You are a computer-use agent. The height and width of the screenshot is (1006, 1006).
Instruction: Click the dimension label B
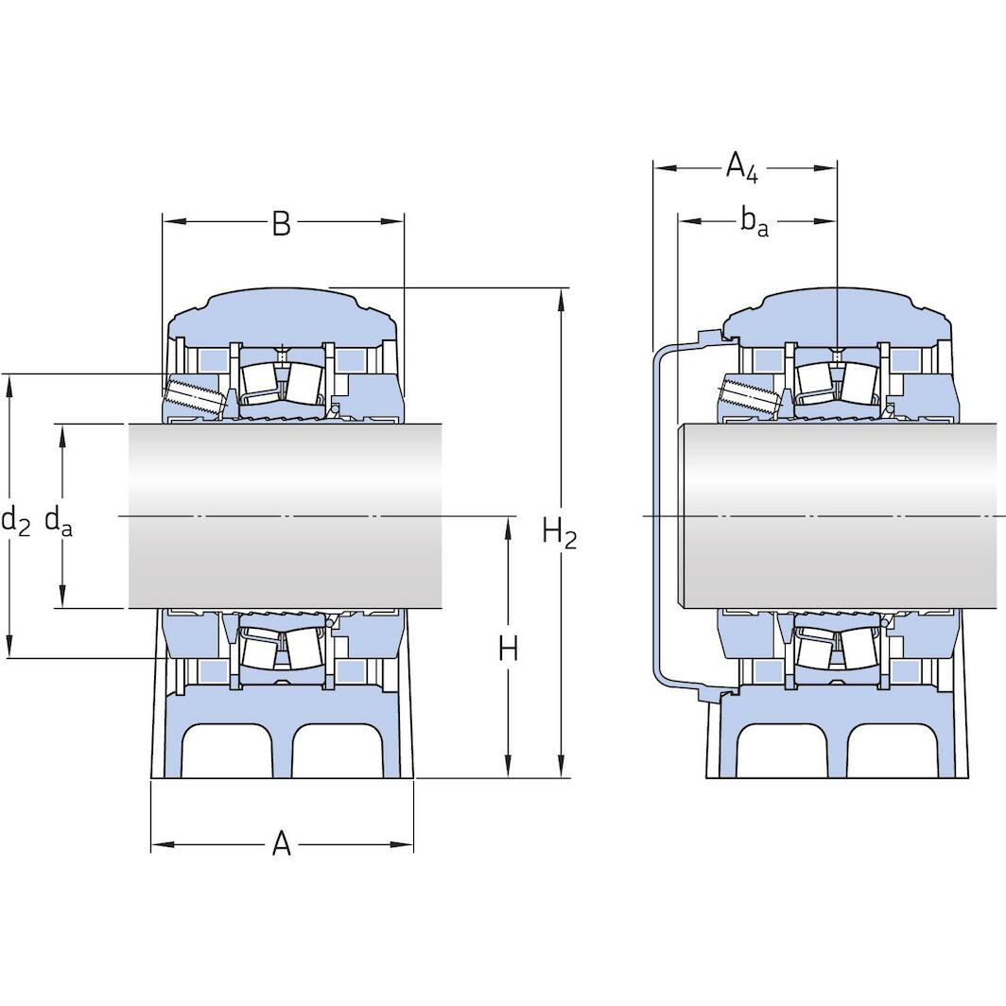click(281, 224)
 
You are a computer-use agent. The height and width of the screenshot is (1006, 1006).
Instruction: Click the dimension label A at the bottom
click(282, 843)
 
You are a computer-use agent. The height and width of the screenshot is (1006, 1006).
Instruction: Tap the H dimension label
click(509, 649)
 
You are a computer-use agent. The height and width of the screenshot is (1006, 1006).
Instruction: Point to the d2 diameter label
click(15, 519)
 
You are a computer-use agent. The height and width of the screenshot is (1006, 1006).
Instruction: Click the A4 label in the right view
click(742, 168)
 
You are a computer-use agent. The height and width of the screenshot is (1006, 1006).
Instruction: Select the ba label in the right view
click(754, 222)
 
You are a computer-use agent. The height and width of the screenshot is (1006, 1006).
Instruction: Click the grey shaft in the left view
click(284, 515)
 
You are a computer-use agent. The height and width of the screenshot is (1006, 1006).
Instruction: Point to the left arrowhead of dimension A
click(159, 844)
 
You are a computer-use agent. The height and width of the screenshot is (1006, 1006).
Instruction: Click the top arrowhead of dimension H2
click(562, 297)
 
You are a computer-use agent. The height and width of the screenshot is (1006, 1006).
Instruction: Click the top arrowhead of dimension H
click(509, 526)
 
